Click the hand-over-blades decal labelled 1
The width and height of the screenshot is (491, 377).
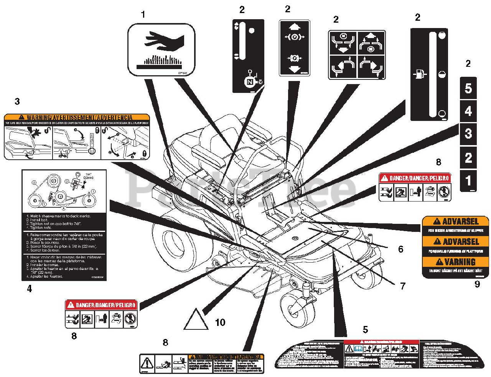[161, 49]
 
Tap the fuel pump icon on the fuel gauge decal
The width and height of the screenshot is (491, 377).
[419, 73]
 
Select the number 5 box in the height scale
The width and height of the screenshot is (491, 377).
[468, 88]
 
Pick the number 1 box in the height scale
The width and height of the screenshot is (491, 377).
[468, 180]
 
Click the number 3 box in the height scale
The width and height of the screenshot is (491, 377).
[468, 134]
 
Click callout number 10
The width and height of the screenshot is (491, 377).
[220, 322]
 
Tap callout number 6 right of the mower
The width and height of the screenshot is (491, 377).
[401, 249]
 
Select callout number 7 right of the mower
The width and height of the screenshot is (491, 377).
[403, 286]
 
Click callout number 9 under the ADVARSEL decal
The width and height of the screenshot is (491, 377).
[477, 284]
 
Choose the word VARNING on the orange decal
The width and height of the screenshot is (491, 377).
[460, 262]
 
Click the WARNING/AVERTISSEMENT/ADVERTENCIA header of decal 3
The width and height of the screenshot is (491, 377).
[77, 117]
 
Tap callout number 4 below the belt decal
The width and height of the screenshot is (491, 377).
[30, 288]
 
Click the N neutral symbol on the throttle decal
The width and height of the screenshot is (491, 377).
[249, 82]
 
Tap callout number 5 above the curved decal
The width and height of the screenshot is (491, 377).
[365, 329]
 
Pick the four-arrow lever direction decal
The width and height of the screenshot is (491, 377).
[357, 55]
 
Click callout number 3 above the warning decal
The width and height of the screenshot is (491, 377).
[17, 101]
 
